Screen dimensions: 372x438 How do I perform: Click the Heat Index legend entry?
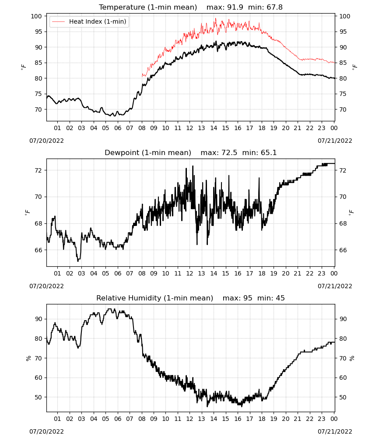point(89,21)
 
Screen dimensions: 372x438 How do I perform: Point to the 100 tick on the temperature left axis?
point(37,16)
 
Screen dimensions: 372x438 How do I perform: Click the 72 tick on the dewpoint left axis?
point(39,170)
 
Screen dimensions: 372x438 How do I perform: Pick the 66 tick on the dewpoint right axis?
point(343,250)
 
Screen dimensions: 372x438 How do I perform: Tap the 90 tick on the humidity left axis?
point(39,319)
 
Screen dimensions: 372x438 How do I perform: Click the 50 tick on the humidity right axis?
point(343,397)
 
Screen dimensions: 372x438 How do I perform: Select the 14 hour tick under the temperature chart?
point(214,128)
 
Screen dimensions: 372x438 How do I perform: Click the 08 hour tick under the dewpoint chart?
point(142,273)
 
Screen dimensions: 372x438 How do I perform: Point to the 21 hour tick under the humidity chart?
point(298,419)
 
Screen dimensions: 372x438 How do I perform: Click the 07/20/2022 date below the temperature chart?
point(46,141)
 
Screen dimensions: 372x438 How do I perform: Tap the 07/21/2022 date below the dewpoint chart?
point(335,286)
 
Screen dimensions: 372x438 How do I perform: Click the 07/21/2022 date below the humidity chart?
point(335,431)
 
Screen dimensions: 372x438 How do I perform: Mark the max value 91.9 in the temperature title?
point(235,7)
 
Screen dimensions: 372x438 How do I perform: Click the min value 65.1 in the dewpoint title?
point(269,152)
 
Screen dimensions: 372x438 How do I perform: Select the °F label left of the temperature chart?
point(24,67)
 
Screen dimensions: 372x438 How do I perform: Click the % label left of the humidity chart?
point(28,358)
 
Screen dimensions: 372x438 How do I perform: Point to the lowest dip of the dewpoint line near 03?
point(78,261)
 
